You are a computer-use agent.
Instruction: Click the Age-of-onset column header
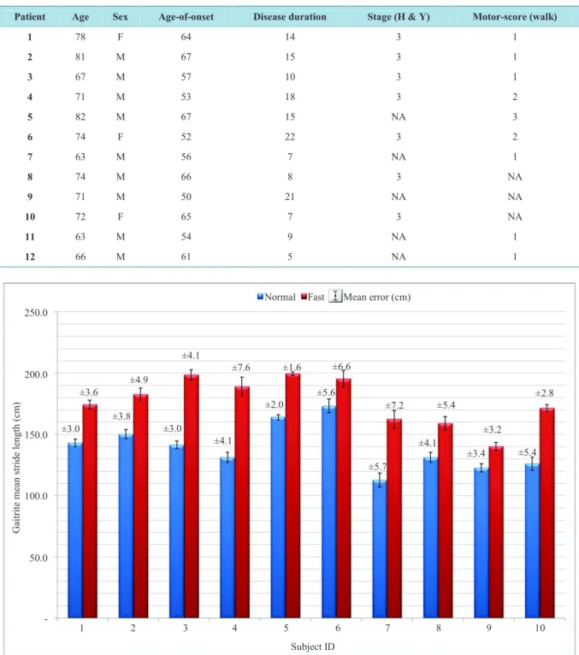tap(186, 17)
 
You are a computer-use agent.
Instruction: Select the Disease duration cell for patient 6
tap(290, 137)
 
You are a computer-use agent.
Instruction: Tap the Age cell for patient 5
tap(80, 116)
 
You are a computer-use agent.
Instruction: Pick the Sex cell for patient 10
tap(121, 216)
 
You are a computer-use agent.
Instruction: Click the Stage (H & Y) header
tap(398, 17)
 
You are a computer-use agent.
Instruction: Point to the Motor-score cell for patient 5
tap(515, 116)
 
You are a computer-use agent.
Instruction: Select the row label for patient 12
tap(30, 257)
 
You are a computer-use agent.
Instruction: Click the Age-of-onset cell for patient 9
tap(186, 197)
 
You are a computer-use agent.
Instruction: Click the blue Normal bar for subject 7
tap(380, 549)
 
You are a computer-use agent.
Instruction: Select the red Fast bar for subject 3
tap(192, 496)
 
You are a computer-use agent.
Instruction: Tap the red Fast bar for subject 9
tap(496, 532)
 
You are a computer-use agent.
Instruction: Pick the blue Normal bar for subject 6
tap(328, 511)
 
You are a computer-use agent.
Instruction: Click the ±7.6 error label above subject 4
tap(240, 368)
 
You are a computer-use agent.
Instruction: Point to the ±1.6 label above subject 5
tap(292, 367)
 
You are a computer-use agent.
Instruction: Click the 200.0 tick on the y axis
tap(36, 374)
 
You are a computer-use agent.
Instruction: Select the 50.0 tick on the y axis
tap(38, 558)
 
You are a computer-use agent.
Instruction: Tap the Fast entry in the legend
tap(312, 297)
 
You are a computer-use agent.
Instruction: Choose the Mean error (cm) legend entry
tap(369, 297)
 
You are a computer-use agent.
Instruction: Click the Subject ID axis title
tap(313, 646)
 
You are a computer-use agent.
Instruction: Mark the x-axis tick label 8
tap(438, 628)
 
